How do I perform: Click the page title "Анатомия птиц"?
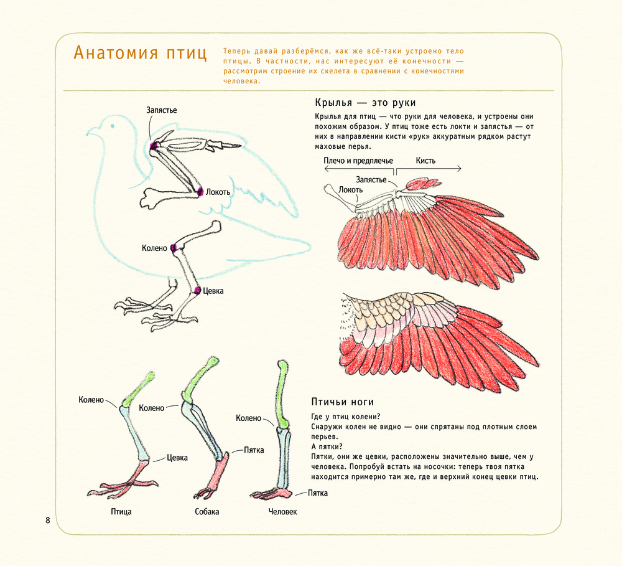tap(140, 53)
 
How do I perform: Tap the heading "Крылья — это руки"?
tap(365, 103)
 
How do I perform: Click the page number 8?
tap(48, 520)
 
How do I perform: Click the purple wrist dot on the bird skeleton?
tap(154, 145)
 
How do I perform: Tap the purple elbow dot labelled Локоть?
tap(200, 192)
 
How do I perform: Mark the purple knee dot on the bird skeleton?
tap(175, 248)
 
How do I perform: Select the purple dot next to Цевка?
tap(197, 290)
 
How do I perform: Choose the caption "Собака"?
tap(207, 512)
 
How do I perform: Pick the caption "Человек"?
tap(283, 512)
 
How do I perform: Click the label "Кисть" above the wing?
tap(425, 160)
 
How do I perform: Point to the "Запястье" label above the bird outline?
tap(162, 110)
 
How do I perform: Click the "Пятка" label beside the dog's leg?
tap(254, 450)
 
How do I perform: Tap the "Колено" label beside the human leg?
tap(248, 418)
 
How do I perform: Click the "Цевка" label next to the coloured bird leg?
tap(177, 458)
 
